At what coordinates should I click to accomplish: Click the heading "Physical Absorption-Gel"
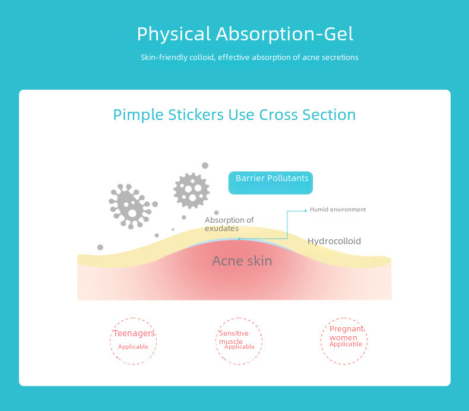tap(245, 34)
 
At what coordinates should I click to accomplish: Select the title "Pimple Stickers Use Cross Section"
tap(235, 115)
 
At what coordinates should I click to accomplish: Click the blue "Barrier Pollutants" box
tap(271, 183)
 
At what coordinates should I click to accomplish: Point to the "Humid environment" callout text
tap(338, 210)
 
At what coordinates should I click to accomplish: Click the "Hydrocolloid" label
tap(334, 241)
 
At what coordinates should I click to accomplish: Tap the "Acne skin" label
tap(242, 261)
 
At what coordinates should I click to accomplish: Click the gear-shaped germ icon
tap(191, 190)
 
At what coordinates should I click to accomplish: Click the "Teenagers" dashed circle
tap(134, 340)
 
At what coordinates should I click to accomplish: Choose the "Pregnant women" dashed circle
tap(345, 340)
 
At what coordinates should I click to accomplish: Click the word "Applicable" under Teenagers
tap(133, 347)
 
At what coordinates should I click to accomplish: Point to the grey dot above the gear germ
tap(205, 166)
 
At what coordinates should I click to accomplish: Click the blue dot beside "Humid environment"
tap(305, 210)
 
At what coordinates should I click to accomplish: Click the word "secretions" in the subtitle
tap(340, 58)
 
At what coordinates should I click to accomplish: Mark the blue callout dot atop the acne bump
tap(239, 239)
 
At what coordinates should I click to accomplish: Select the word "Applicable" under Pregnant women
tap(346, 344)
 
